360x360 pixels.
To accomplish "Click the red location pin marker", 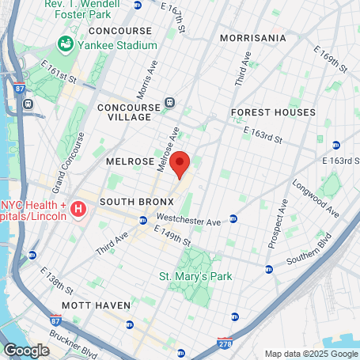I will [180, 165].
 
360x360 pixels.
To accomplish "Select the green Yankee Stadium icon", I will [63, 44].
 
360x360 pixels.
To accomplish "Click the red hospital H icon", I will [78, 209].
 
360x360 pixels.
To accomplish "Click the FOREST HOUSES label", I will [273, 112].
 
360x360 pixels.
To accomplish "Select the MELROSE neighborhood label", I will [129, 161].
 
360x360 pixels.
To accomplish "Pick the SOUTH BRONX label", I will [131, 203].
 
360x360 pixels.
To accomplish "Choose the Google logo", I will [26, 350].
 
